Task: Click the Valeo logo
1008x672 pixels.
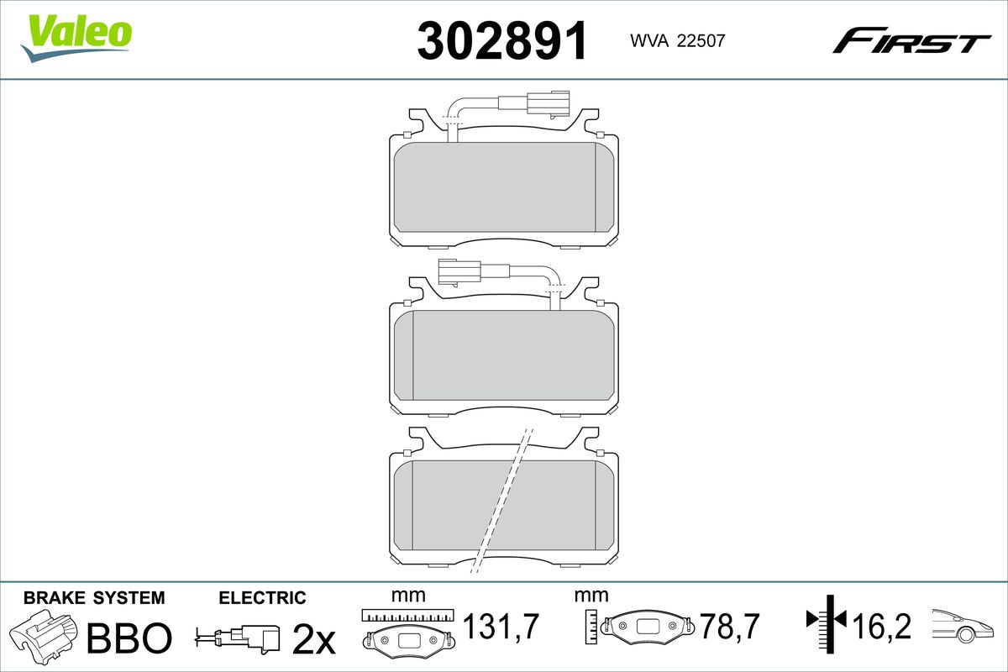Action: [76, 38]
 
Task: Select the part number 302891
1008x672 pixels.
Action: [502, 41]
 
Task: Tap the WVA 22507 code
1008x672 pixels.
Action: [678, 41]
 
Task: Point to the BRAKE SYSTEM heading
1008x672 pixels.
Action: [94, 598]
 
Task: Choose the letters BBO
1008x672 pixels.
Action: [129, 638]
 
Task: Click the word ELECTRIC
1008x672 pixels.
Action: [262, 598]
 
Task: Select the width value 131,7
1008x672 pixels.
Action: [501, 627]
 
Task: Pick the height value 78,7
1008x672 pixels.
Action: [729, 627]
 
